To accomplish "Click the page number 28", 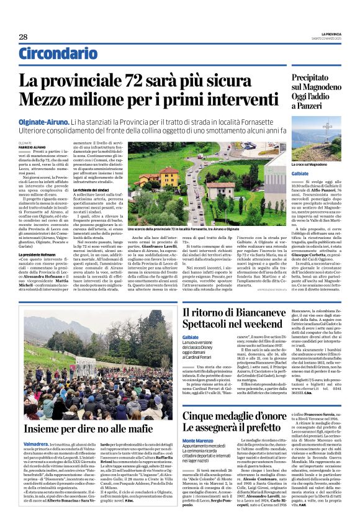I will point(23,37).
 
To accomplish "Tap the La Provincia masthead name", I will point(331,34).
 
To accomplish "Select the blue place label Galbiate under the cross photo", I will point(300,174).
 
